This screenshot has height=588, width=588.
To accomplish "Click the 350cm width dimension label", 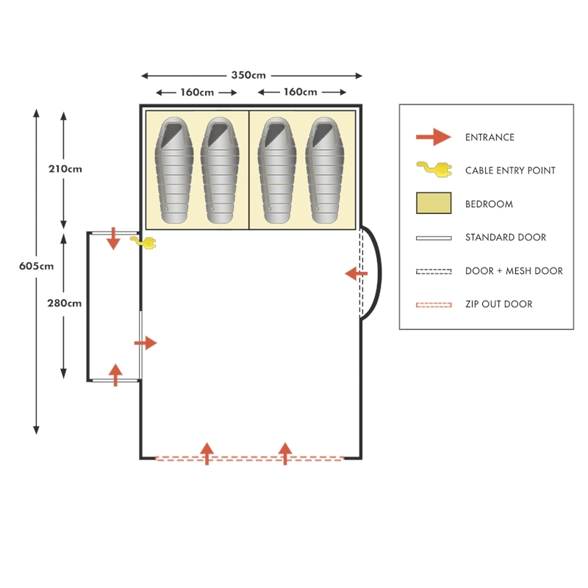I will tap(248, 75).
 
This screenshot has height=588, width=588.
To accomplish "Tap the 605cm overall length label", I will tap(36, 266).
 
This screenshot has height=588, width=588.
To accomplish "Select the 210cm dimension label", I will tap(65, 168).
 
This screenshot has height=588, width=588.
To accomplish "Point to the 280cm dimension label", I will tap(65, 303).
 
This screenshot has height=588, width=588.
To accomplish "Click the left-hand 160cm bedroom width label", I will tap(197, 93).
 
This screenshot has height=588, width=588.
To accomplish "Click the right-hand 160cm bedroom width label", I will tap(300, 93).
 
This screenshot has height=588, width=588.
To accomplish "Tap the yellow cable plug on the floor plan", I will tap(144, 242).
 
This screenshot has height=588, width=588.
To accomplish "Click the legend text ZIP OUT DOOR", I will tap(498, 304).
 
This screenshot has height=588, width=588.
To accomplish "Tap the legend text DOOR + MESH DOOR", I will tap(514, 271).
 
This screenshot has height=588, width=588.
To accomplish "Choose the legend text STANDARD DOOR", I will tap(506, 237).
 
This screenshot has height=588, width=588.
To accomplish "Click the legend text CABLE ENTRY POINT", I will tap(510, 171).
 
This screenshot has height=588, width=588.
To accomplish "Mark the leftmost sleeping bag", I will tap(174, 170).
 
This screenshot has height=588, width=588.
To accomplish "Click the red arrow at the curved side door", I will tap(356, 274).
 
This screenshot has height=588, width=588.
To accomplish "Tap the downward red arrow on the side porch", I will tap(113, 239).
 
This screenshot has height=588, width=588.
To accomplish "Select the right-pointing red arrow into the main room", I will tap(146, 343).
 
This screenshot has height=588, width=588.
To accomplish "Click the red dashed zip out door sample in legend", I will tap(433, 304).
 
